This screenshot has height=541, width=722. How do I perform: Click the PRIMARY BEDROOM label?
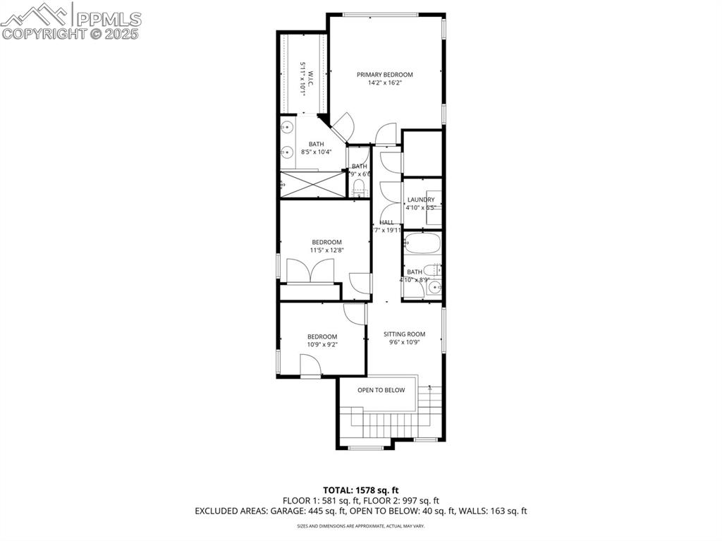pos(384,75)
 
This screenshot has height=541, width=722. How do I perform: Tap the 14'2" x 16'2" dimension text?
pos(384,83)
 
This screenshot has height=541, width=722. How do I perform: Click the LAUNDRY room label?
pos(420,200)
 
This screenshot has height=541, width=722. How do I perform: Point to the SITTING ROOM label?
pos(405,334)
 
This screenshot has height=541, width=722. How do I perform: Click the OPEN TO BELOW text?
pos(381,390)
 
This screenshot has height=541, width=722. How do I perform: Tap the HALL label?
pos(386,222)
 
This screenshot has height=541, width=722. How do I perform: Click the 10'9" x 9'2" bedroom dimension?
pos(322,344)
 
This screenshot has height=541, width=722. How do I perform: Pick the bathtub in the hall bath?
pos(423,245)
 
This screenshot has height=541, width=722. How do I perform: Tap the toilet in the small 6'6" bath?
pos(359,188)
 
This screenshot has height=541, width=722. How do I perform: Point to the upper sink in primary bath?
pos(287,128)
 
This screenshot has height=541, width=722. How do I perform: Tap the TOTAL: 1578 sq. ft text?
pos(361,490)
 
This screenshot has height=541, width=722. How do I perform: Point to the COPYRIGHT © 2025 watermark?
pos(71,33)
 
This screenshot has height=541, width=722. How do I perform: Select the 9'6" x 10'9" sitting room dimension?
pos(405,343)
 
